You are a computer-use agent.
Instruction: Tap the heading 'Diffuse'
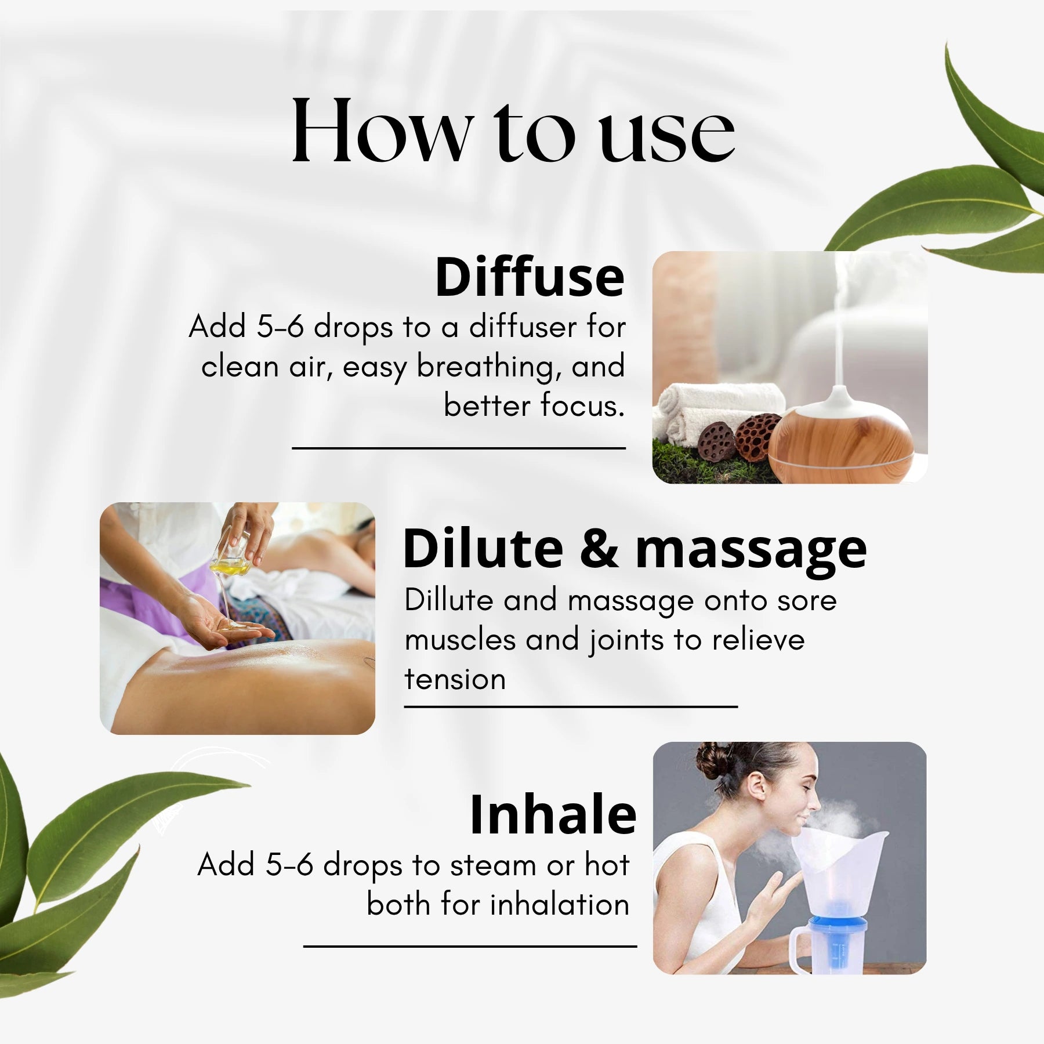530,277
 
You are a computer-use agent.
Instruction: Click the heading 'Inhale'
553,815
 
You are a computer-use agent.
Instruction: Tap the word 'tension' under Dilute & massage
455,679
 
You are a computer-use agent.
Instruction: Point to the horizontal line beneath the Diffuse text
458,448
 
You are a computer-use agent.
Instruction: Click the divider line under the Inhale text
470,946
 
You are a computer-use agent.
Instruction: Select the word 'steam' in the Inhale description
493,865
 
